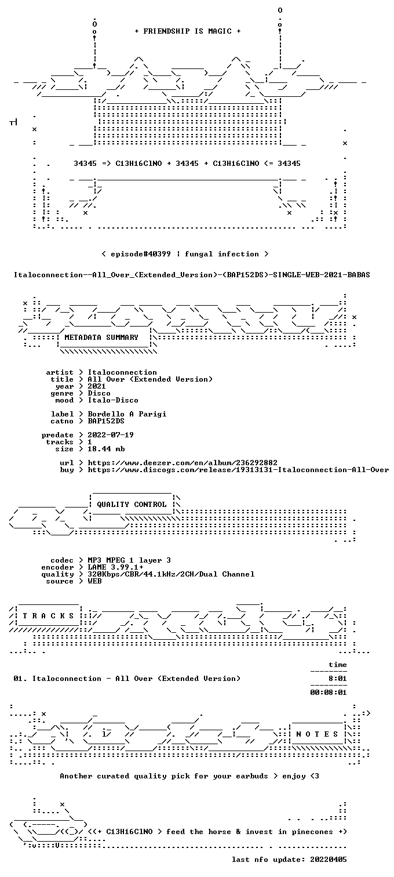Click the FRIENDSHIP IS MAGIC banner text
[x=188, y=31]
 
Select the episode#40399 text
[x=140, y=254]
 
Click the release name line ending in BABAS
[x=192, y=275]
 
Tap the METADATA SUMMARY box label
[x=101, y=338]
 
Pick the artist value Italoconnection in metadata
[x=122, y=372]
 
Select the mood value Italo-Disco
[x=112, y=400]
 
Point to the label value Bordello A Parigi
[x=127, y=414]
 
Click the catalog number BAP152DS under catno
[x=106, y=421]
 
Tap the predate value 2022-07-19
[x=111, y=435]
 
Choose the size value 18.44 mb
[x=106, y=449]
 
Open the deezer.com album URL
[x=183, y=463]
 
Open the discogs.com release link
[x=238, y=470]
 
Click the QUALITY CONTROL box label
[x=132, y=505]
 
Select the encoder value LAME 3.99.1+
[x=115, y=567]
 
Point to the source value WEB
[x=94, y=581]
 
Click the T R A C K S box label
[x=48, y=616]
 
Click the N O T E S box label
[x=317, y=734]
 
